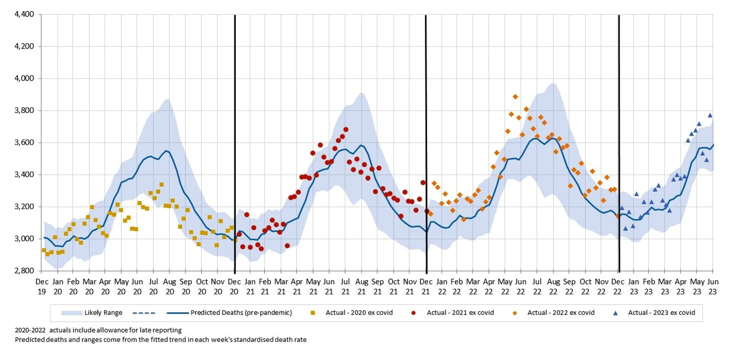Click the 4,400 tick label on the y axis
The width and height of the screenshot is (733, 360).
pos(24,14)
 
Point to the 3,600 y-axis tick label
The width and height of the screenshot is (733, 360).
pos(24,142)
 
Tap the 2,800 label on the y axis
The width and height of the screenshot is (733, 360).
pos(24,271)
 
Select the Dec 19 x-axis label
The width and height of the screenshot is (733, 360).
pos(42,286)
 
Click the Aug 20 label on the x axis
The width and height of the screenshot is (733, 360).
pos(170,286)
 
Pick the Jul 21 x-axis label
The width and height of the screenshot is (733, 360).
pos(345,286)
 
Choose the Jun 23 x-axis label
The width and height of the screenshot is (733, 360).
pos(713,286)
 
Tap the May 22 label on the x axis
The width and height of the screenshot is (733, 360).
pos(505,286)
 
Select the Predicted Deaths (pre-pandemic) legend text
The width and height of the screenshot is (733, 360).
pos(241,313)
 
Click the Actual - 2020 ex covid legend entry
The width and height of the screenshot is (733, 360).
pos(359,313)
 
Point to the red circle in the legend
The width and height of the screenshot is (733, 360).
pos(413,313)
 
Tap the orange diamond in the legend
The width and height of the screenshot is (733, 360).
pos(514,313)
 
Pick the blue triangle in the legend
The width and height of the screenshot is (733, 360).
pos(615,313)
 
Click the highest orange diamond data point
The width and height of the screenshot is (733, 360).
pos(515,97)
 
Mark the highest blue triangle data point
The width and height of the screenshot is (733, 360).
pos(710,115)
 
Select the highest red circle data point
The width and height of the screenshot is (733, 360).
pos(346,130)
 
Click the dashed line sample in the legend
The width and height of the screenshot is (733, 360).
pos(144,313)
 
